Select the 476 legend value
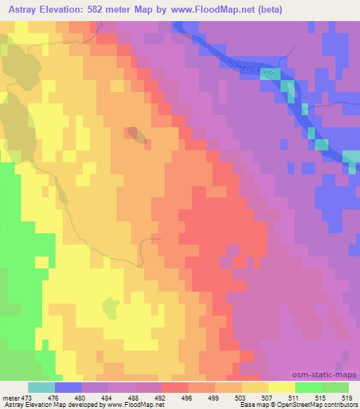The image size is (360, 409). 54,397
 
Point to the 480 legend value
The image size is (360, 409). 81,397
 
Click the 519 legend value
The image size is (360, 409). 348,397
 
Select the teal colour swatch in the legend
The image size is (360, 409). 41,387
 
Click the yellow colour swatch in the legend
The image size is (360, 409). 281,387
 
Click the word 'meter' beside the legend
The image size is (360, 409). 11,397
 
